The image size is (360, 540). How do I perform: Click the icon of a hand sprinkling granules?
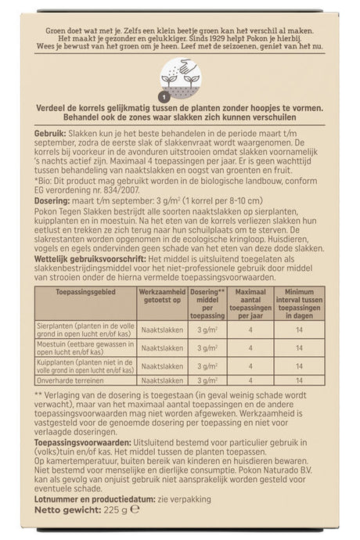click(180, 78)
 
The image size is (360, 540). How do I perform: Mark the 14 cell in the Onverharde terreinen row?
click(294, 380)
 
